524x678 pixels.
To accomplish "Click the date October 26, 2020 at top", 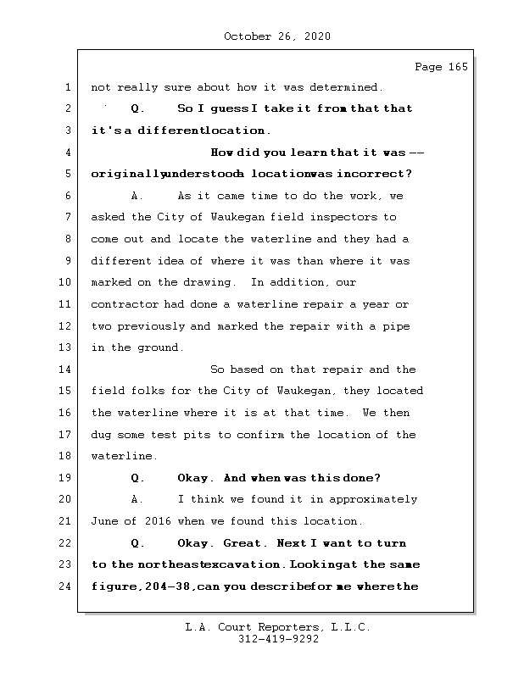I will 276,36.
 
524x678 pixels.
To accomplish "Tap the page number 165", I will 457,67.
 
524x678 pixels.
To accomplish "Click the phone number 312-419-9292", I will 278,641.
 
